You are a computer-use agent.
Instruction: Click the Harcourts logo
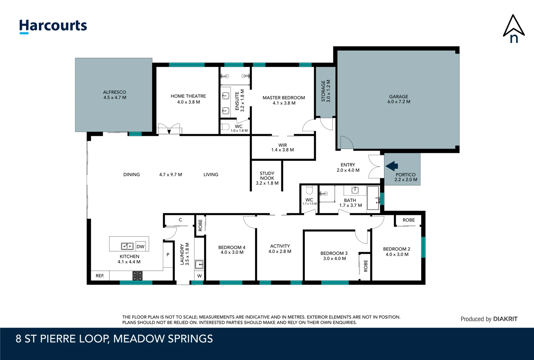[x=53, y=26]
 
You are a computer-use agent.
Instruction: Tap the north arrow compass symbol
[x=513, y=29]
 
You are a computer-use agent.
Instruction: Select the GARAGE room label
[x=398, y=99]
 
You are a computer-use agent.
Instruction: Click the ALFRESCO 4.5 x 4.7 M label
[x=115, y=95]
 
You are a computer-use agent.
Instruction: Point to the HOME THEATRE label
[x=188, y=99]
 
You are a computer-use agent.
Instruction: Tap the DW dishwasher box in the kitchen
[x=140, y=247]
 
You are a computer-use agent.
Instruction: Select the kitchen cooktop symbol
[x=137, y=276]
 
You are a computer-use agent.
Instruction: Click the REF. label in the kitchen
[x=100, y=276]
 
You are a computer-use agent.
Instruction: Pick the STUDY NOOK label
[x=267, y=178]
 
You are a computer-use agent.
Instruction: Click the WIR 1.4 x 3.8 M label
[x=282, y=147]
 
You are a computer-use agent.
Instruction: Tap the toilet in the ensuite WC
[x=225, y=127]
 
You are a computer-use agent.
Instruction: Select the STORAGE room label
[x=325, y=91]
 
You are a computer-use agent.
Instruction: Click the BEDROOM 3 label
[x=334, y=256]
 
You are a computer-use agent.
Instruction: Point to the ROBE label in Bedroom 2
[x=408, y=220]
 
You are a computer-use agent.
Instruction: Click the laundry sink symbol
[x=199, y=265]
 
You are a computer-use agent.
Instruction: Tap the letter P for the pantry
[x=168, y=255]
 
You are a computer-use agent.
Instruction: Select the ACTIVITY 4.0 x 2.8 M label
[x=280, y=249]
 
